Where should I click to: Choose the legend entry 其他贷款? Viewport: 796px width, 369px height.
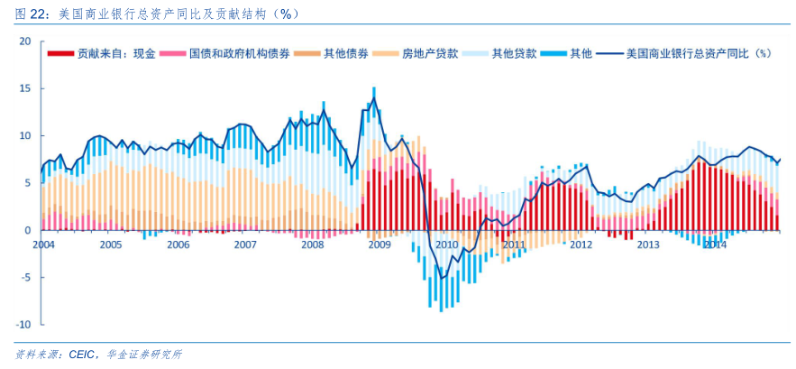[x=514, y=53]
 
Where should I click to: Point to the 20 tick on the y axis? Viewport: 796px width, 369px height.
[x=25, y=42]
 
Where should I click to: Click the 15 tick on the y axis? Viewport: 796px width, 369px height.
[x=25, y=88]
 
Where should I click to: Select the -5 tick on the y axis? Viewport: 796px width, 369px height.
[x=25, y=277]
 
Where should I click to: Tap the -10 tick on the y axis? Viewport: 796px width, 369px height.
[x=23, y=324]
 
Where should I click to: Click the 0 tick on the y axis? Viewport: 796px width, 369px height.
[x=28, y=230]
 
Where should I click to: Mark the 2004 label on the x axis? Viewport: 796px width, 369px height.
[x=43, y=244]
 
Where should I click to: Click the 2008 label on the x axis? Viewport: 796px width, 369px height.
[x=312, y=244]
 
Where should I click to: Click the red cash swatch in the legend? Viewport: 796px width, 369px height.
[x=60, y=53]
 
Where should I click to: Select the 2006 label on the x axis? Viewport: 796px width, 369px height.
[x=178, y=244]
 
